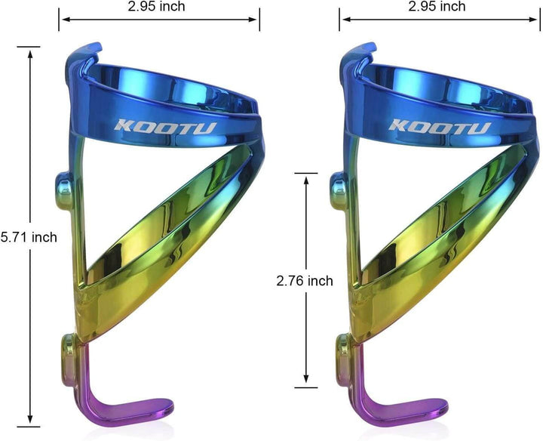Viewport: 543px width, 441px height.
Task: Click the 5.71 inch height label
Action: pos(29,237)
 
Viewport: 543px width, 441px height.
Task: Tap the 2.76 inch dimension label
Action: pos(305,281)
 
